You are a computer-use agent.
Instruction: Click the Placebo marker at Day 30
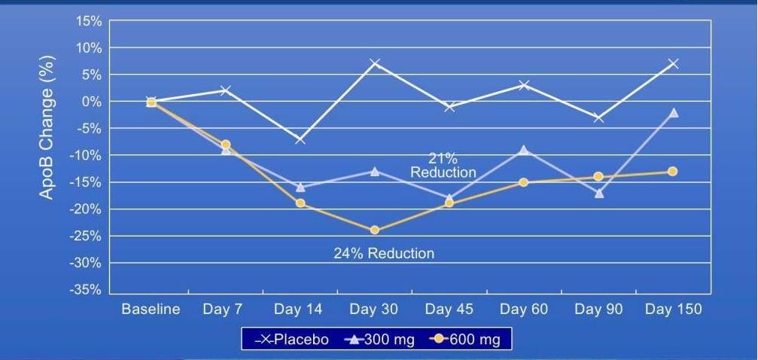pyautogui.click(x=375, y=63)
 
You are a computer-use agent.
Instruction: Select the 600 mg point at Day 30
pyautogui.click(x=375, y=230)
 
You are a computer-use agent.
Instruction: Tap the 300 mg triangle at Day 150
pyautogui.click(x=674, y=112)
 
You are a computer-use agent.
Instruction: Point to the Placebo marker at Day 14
pyautogui.click(x=300, y=139)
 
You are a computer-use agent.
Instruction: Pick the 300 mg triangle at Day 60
pyautogui.click(x=524, y=150)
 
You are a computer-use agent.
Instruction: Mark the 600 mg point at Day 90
pyautogui.click(x=598, y=177)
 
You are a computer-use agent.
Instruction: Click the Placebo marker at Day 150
pyautogui.click(x=674, y=63)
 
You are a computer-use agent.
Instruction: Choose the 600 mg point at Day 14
pyautogui.click(x=300, y=203)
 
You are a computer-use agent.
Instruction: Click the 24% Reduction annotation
pyautogui.click(x=384, y=254)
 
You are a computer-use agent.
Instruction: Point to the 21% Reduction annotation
pyautogui.click(x=443, y=166)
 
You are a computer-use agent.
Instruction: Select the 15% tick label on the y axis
pyautogui.click(x=89, y=21)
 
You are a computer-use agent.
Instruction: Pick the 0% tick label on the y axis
pyautogui.click(x=92, y=102)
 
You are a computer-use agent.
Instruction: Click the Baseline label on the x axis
pyautogui.click(x=151, y=310)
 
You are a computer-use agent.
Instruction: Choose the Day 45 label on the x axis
pyautogui.click(x=449, y=310)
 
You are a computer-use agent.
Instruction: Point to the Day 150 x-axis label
pyautogui.click(x=673, y=310)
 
